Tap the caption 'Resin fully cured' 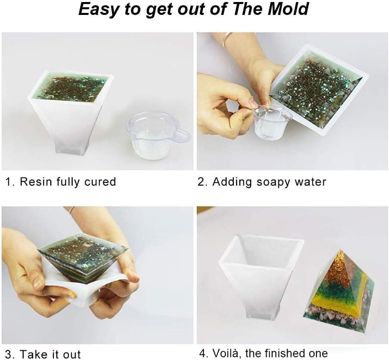68,182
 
